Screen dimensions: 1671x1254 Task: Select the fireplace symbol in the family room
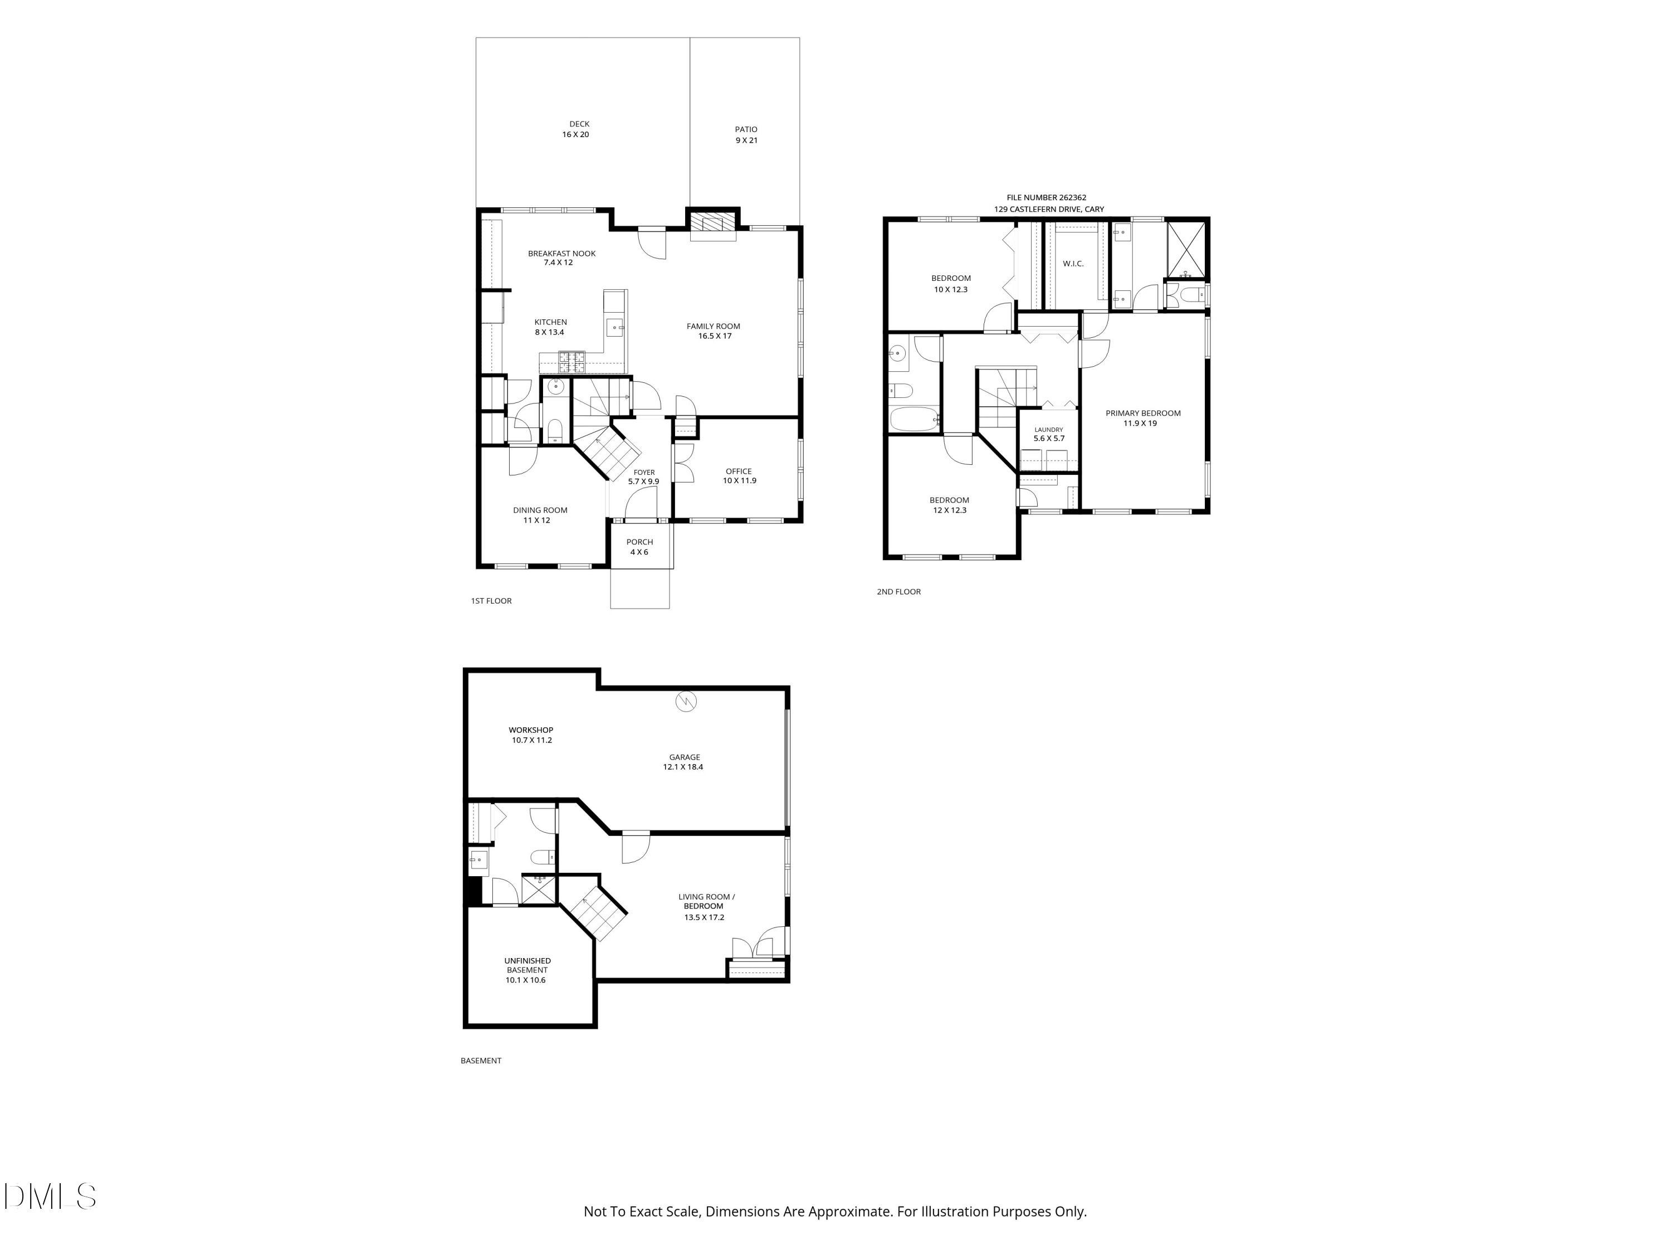click(x=713, y=223)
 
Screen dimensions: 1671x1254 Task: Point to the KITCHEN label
click(x=551, y=322)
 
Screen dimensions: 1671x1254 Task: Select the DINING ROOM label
click(x=540, y=510)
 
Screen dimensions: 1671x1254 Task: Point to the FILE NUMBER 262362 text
click(x=1046, y=198)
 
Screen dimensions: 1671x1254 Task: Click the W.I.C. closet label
click(x=1073, y=264)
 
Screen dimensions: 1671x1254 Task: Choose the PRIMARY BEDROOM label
click(x=1143, y=414)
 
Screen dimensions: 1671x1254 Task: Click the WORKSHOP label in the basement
click(x=531, y=730)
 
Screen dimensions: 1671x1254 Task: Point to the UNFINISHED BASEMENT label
click(x=527, y=965)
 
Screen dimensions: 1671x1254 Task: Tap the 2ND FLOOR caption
click(x=899, y=592)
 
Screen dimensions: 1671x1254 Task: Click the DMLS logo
click(x=50, y=1197)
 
